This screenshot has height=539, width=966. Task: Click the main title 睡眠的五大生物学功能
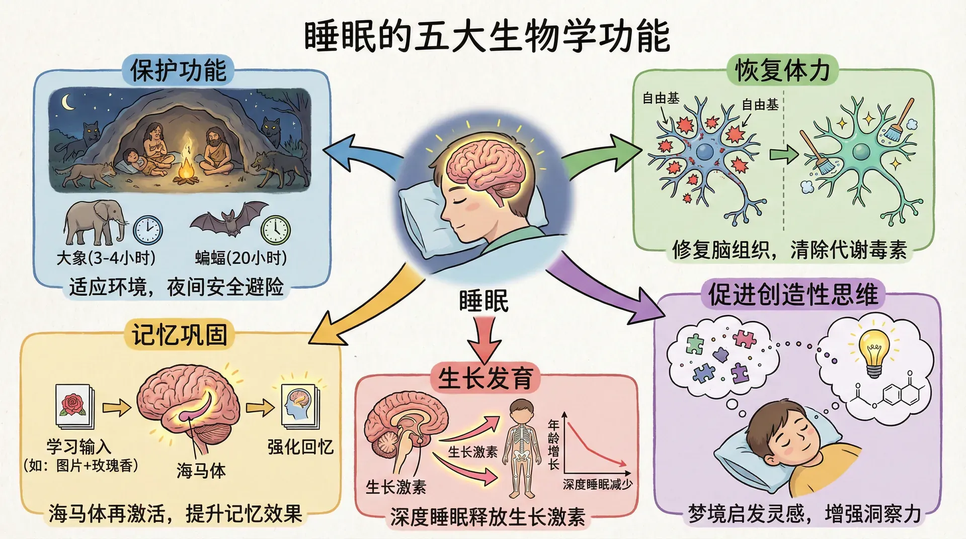coord(487,36)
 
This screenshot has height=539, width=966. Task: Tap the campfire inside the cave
coord(187,166)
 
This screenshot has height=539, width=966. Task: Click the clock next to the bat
coord(275,230)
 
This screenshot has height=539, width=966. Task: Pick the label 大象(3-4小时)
coord(106,258)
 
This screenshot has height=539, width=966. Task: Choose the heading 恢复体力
coord(782,70)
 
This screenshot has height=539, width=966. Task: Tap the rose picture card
coord(74,406)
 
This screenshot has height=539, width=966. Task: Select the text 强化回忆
coord(300,446)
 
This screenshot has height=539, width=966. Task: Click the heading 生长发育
coord(485,378)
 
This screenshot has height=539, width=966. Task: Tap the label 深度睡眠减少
coord(597,484)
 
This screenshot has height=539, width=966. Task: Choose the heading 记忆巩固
coord(180,334)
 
